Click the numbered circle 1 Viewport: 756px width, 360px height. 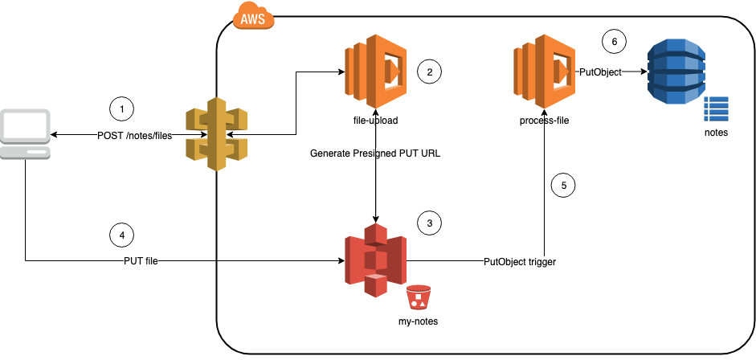[121, 108]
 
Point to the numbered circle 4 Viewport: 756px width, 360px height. [121, 235]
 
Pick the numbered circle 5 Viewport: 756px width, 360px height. [563, 185]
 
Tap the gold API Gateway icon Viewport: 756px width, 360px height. [215, 134]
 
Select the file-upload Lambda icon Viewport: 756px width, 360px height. [372, 72]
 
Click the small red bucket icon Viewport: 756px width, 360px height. [417, 297]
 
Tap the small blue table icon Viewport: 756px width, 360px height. [715, 108]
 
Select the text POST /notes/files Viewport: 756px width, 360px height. [134, 135]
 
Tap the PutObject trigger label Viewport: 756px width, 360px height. [520, 262]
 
